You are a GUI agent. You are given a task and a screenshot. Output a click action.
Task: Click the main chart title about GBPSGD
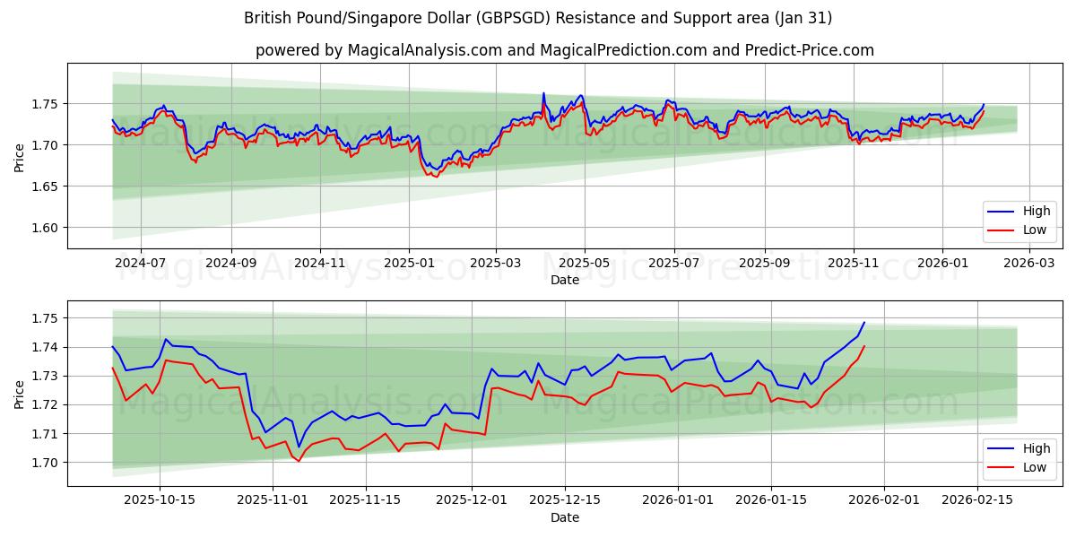point(538,18)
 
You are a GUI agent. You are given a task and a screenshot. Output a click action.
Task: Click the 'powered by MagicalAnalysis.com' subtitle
point(565,50)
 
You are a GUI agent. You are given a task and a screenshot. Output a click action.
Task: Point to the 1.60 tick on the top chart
point(45,228)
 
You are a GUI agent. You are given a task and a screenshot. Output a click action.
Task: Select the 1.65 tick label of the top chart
point(45,187)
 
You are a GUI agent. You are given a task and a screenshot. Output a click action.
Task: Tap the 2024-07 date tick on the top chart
point(141,263)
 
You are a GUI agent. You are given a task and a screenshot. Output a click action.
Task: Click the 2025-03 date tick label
point(496,263)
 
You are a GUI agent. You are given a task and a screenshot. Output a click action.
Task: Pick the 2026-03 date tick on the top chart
point(1029,263)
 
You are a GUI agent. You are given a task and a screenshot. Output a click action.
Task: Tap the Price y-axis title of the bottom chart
point(20,394)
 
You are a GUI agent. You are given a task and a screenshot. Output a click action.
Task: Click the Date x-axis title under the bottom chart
point(565,517)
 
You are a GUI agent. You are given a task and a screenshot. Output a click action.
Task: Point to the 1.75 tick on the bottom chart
point(45,318)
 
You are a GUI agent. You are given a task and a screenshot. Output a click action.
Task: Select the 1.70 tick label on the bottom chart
point(45,463)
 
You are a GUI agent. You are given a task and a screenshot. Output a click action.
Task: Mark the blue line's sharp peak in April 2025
point(543,93)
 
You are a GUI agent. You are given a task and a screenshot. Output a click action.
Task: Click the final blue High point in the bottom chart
point(864,323)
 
